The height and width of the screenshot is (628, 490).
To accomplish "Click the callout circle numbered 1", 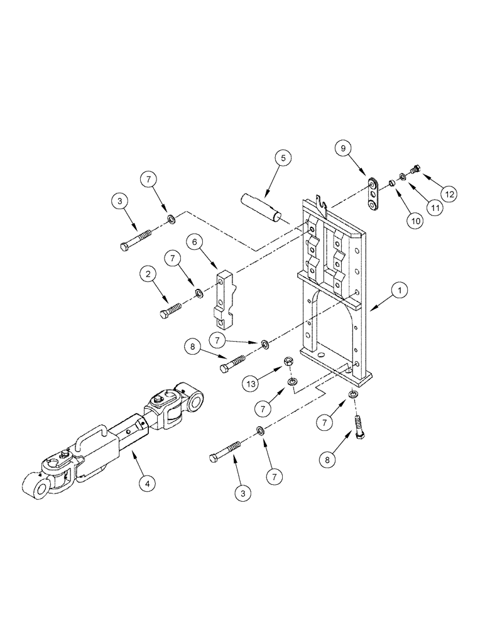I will [x=400, y=290].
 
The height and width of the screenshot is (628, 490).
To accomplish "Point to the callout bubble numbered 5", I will [x=282, y=158].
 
